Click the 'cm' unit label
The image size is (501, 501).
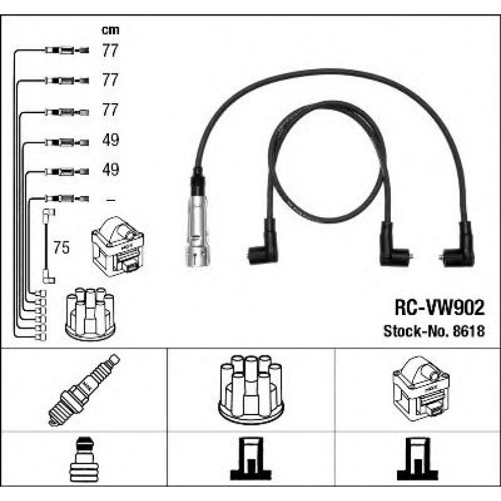click(110, 29)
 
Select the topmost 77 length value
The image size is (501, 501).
click(110, 51)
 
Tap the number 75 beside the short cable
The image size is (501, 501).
click(61, 248)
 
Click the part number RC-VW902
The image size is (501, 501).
click(439, 307)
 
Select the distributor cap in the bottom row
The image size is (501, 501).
click(251, 389)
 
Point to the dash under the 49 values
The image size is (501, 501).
click(110, 200)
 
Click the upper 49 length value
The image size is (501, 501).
click(110, 141)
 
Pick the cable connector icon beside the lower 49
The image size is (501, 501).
click(66, 171)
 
